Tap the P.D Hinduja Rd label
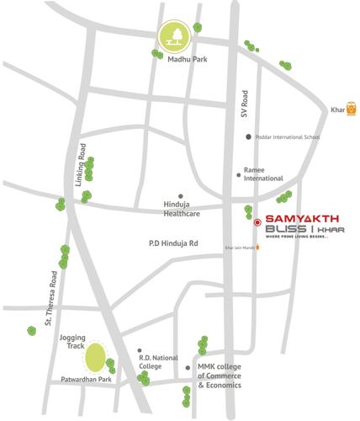point(167,242)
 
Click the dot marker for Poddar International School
point(247,136)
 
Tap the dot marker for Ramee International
point(238,175)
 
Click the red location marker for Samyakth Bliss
point(257,223)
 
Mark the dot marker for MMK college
point(188,368)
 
